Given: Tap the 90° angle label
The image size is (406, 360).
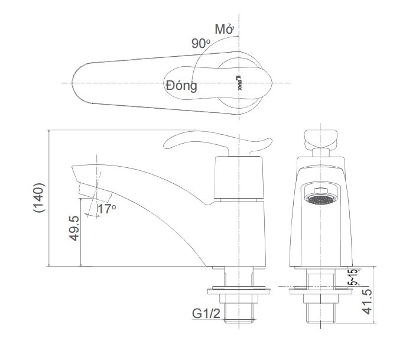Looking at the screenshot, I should (201, 43).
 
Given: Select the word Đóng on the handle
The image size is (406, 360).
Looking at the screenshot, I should (181, 86).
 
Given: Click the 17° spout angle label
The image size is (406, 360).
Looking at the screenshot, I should (106, 209).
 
